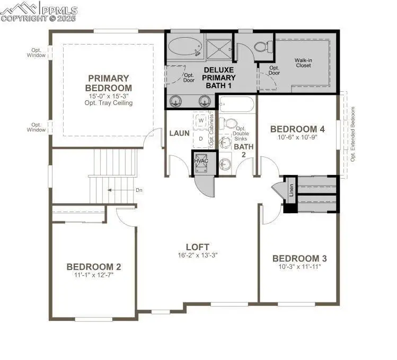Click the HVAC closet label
point(201,161)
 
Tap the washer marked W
point(201,121)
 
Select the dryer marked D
point(201,138)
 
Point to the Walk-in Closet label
point(303,63)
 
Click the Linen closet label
point(291,190)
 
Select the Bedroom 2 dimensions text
point(90,275)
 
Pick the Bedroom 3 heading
point(299,258)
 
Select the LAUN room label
point(179,133)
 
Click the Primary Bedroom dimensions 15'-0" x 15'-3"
point(109,96)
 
